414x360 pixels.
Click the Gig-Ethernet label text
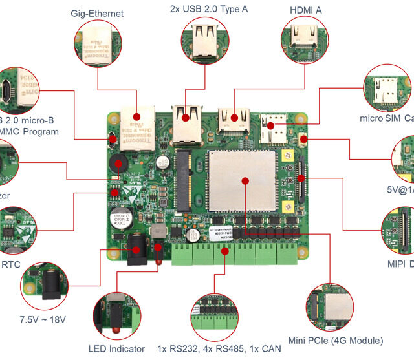pos(97,13)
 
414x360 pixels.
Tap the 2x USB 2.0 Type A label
pos(208,9)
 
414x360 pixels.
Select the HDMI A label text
pos(305,10)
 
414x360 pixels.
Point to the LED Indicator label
pos(117,349)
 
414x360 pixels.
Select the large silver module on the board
pos(243,180)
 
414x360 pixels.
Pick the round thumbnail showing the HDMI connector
pos(304,38)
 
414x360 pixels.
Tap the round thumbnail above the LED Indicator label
pos(117,314)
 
